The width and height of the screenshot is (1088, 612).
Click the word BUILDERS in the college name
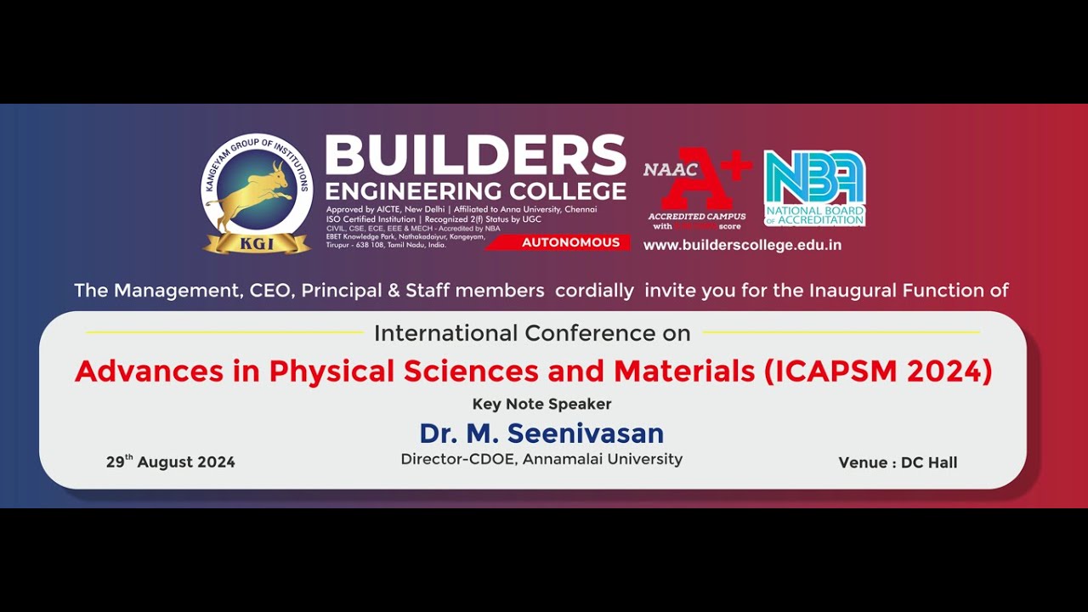tap(475, 156)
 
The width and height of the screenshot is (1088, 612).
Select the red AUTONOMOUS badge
tap(570, 242)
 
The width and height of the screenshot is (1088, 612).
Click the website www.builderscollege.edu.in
tap(742, 245)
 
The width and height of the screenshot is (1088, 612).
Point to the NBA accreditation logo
tap(813, 188)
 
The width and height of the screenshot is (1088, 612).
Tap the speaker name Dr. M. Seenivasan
tap(541, 433)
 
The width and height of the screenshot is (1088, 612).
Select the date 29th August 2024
tap(170, 462)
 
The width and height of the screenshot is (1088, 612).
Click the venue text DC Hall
tap(928, 462)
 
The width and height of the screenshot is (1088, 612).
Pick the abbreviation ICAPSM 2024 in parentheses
tap(879, 371)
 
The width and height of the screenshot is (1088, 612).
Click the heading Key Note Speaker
tap(541, 404)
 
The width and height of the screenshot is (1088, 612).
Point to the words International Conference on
tap(532, 333)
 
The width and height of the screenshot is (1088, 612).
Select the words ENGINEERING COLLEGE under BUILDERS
tap(475, 190)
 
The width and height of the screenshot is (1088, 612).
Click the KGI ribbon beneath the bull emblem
tap(257, 243)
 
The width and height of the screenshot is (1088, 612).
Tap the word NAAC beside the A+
tap(664, 169)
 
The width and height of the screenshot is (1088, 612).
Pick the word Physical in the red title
tap(332, 371)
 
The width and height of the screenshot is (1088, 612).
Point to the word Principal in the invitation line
tap(342, 291)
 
